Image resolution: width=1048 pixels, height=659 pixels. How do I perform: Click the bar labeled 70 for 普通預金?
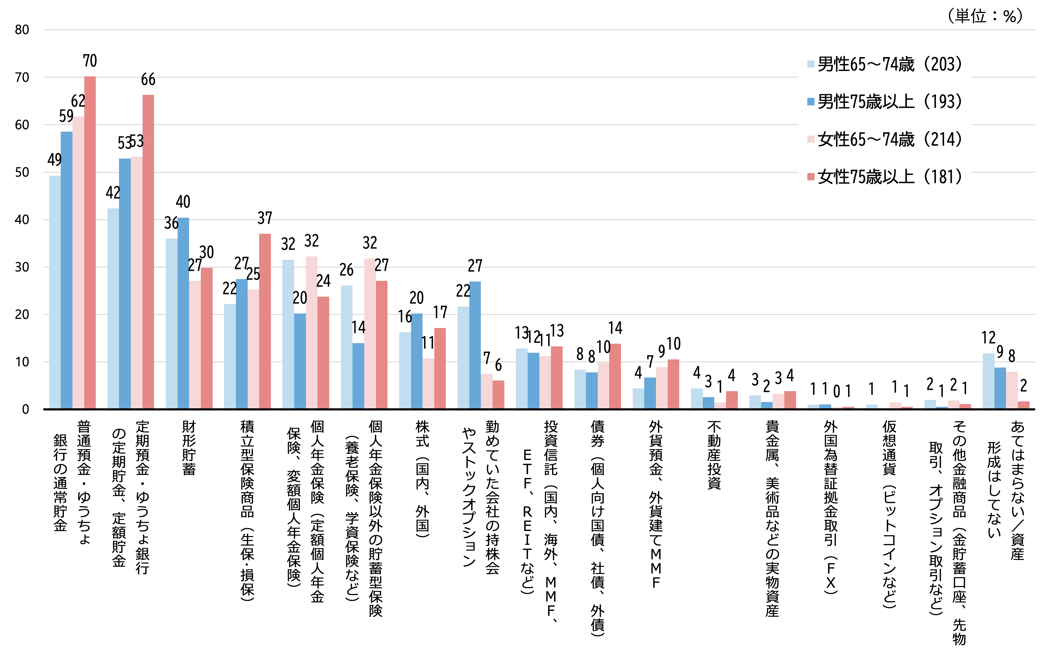click(90, 243)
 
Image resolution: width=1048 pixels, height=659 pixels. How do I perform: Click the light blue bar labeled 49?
click(55, 292)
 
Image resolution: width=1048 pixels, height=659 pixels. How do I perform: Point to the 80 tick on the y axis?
click(22, 30)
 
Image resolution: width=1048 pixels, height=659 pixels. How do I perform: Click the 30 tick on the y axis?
click(22, 267)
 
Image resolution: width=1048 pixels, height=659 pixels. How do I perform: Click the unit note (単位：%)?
click(985, 16)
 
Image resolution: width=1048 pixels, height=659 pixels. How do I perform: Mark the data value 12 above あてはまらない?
click(989, 338)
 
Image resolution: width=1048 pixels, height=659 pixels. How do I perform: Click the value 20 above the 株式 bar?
click(416, 298)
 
